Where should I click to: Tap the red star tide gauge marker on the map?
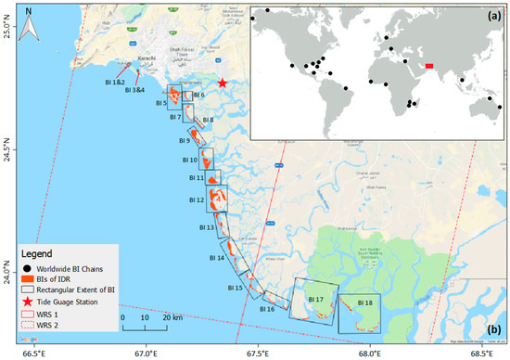tap(223, 83)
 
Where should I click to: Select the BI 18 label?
tap(365, 302)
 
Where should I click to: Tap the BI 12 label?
tap(196, 199)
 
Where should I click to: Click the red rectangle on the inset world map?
tap(428, 65)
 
